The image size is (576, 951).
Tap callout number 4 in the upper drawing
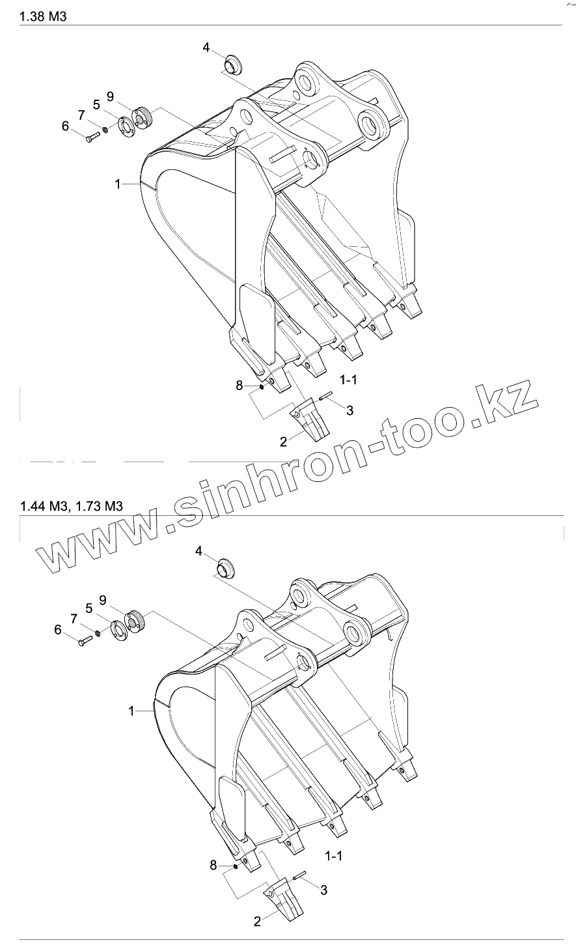click(206, 47)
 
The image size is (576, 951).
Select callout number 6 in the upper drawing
click(65, 126)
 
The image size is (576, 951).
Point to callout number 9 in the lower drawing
click(103, 599)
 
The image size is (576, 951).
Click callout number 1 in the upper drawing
click(118, 184)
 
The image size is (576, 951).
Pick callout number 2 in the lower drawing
click(257, 921)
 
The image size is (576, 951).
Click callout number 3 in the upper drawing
click(350, 410)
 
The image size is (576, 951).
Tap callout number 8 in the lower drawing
click(213, 865)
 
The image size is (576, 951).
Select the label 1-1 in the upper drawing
click(348, 379)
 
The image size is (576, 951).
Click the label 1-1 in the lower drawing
click(333, 855)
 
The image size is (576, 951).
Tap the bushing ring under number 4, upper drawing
click(232, 64)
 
